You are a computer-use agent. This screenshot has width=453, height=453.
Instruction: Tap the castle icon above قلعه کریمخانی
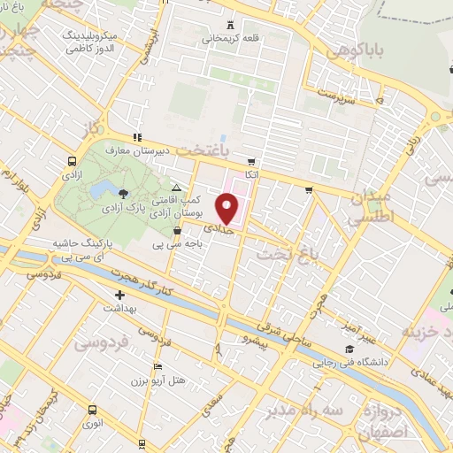(231, 25)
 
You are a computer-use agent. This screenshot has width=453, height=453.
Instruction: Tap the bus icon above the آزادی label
(71, 161)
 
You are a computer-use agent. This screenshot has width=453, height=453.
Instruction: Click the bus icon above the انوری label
(92, 410)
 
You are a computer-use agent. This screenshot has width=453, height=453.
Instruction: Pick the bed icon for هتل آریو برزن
(157, 367)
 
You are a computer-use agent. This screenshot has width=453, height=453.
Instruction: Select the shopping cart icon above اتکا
(252, 162)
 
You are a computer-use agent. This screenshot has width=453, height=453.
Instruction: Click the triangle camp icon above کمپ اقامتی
(177, 188)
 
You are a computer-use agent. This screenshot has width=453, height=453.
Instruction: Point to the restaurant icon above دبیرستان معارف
(136, 137)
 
